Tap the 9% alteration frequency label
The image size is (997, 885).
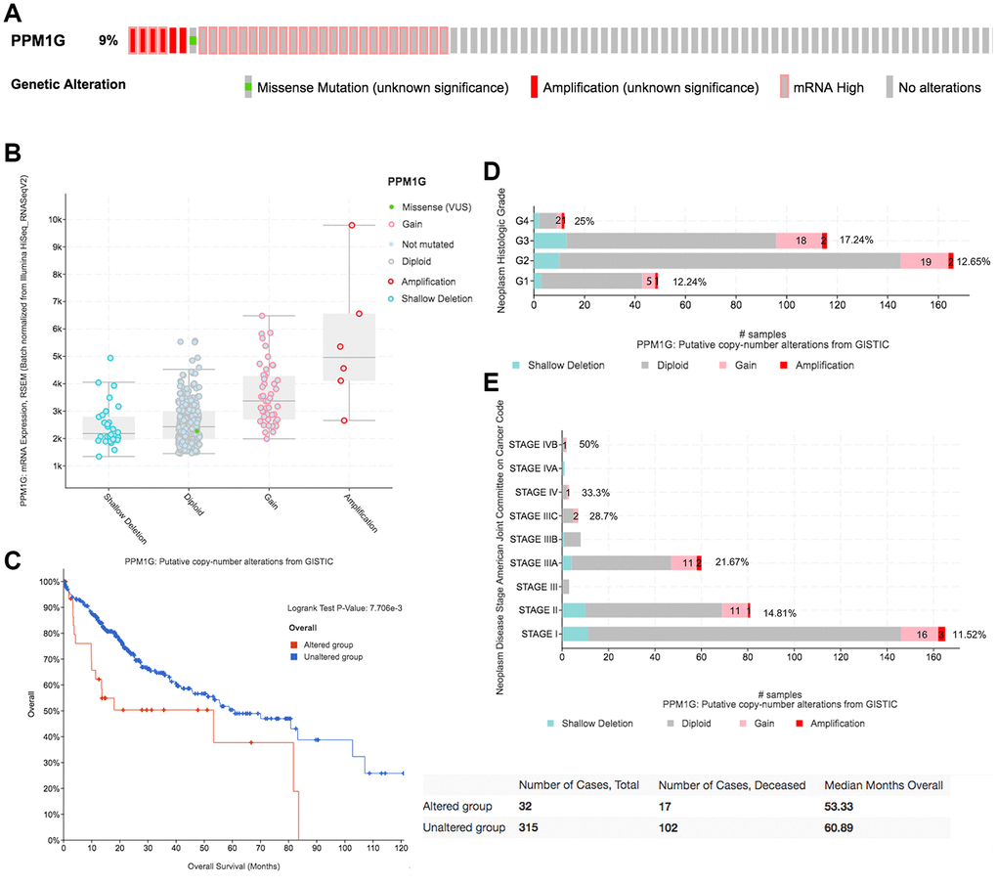108,41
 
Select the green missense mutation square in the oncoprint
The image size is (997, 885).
194,41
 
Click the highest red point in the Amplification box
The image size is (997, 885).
351,226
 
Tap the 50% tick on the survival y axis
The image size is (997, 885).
47,711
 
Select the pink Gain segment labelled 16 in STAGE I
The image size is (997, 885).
920,634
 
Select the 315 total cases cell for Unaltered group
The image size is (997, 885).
532,827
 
